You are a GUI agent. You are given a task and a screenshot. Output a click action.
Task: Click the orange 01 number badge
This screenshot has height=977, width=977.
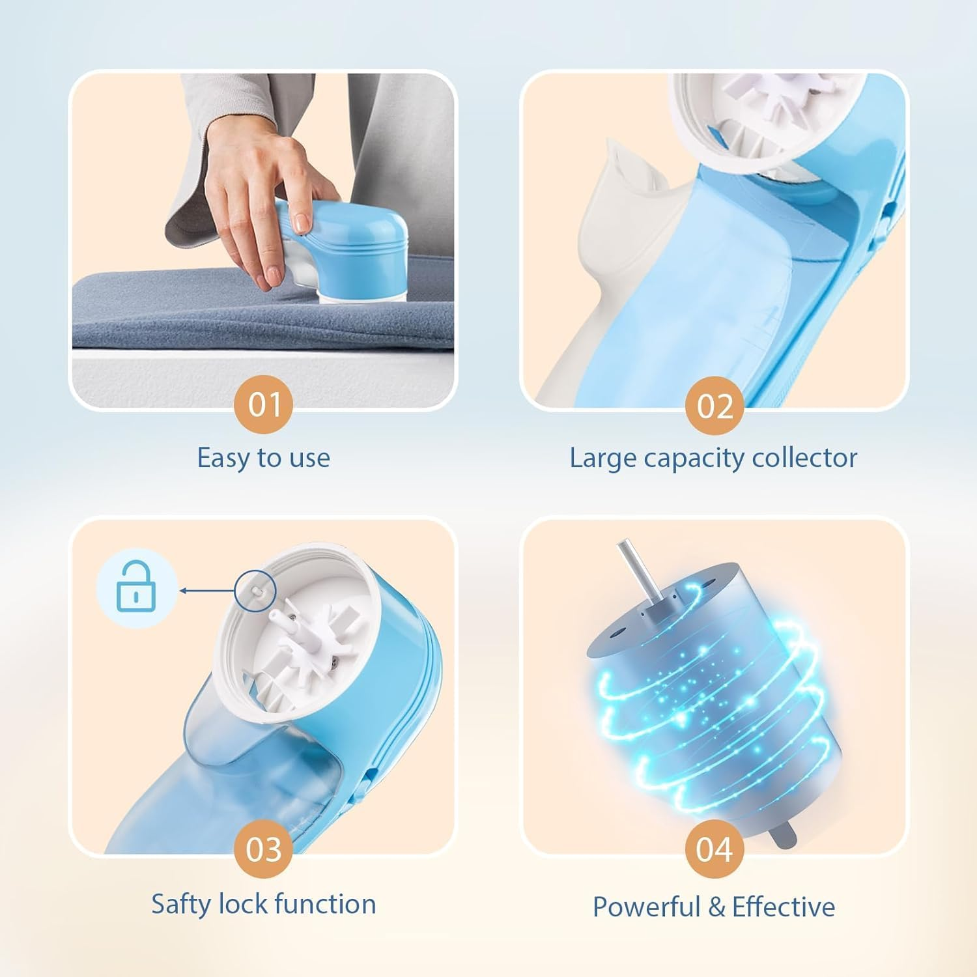(x=264, y=404)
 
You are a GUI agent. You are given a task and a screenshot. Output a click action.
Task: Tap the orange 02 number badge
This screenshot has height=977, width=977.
(x=715, y=406)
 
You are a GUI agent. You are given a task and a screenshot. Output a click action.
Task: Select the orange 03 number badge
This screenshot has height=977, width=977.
(x=264, y=849)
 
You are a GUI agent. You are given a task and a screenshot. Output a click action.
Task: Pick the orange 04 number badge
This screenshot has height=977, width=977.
(x=715, y=849)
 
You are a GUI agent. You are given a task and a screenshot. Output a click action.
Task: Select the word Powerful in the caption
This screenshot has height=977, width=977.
(x=645, y=907)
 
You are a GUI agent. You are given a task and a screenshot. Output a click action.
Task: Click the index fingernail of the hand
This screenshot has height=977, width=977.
(x=300, y=223)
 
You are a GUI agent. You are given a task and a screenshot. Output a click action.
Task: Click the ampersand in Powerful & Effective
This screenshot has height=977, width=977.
(x=716, y=907)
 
